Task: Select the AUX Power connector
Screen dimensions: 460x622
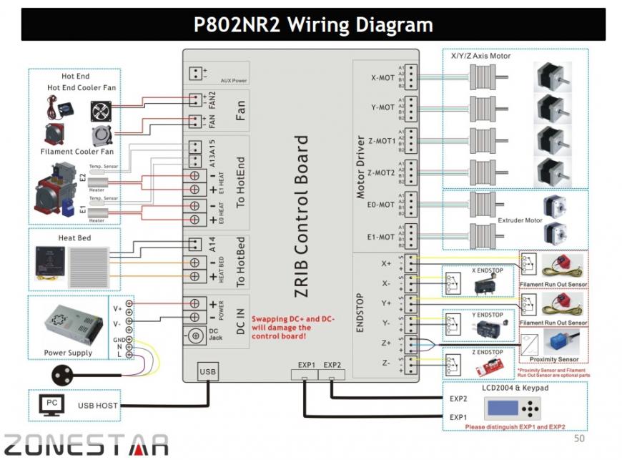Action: click(x=195, y=73)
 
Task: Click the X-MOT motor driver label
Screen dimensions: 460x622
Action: click(x=382, y=79)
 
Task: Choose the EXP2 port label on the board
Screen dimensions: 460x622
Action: click(x=332, y=365)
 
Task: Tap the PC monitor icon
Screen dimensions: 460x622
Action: click(x=51, y=405)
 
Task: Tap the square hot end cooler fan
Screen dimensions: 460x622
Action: click(x=100, y=110)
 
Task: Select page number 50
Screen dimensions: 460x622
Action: click(x=580, y=438)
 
